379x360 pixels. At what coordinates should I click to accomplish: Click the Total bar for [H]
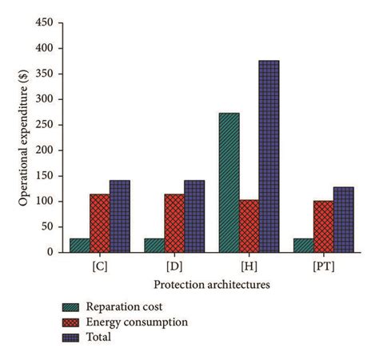269,157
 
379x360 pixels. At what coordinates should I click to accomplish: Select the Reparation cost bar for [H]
229,182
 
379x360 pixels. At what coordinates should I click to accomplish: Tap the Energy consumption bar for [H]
249,226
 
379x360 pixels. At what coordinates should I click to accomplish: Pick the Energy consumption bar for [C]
100,223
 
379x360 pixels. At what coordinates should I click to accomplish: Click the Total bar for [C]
120,216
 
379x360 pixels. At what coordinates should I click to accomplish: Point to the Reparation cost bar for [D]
154,245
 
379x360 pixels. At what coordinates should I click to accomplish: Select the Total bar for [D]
194,216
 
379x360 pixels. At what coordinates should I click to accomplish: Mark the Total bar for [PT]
343,219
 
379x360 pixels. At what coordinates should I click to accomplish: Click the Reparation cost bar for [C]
80,245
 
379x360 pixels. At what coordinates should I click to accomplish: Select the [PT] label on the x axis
323,265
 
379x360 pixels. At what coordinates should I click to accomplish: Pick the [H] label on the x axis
249,265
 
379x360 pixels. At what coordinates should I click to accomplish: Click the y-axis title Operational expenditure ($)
24,137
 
